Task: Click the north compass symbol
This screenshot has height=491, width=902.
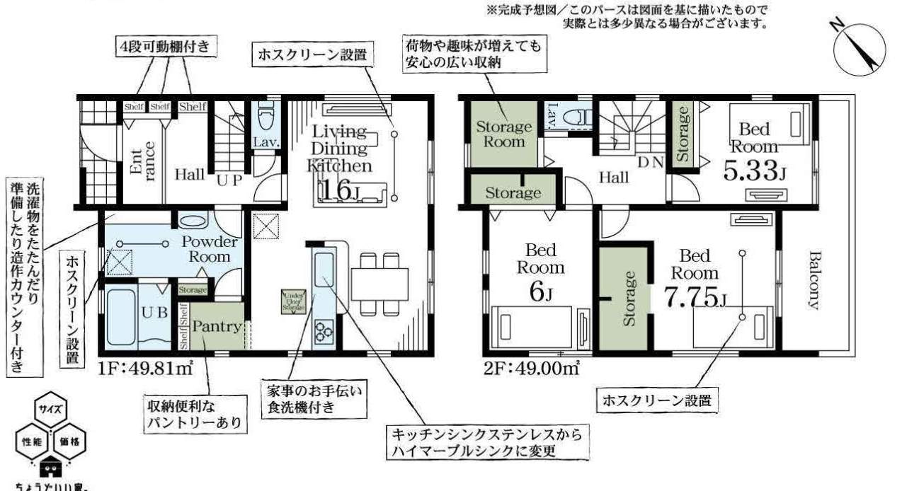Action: (858, 46)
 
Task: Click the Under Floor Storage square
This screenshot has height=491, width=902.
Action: (293, 301)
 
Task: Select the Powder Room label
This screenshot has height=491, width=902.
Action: (209, 249)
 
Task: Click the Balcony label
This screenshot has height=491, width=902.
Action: (813, 280)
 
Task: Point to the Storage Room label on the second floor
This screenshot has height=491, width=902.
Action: (503, 134)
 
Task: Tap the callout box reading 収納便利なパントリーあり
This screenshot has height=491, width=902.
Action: (194, 415)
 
